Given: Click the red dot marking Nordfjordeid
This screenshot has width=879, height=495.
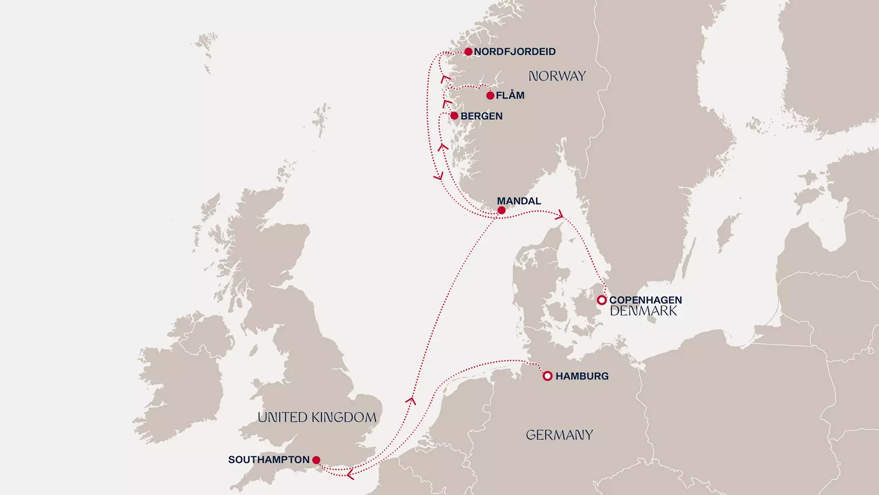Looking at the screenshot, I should [468, 51].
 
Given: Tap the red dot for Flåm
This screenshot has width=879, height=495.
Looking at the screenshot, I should [490, 95].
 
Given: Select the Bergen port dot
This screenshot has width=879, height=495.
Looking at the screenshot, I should [454, 116].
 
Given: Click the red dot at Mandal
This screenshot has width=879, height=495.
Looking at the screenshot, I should [502, 210].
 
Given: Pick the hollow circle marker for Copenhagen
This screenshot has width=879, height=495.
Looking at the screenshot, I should [602, 300].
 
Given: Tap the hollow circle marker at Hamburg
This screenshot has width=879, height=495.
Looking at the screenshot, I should [547, 376].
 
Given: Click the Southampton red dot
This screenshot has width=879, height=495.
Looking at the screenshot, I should [316, 460].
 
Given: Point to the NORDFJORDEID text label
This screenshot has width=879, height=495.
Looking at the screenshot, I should [515, 51].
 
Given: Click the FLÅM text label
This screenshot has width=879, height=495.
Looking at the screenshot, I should [510, 95].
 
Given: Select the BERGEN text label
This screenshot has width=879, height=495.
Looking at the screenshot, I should [481, 116].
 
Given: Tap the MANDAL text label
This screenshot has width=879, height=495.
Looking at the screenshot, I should [519, 201].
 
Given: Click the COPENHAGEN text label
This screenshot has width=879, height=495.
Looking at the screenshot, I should [646, 300].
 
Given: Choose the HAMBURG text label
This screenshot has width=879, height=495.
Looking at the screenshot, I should [582, 376].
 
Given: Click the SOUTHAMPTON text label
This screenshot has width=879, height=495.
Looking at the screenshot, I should [269, 459].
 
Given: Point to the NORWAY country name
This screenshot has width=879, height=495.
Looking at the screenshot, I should [557, 76].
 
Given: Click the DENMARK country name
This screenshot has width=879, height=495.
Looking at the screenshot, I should [643, 311].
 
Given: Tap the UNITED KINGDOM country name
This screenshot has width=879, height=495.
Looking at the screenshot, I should [317, 417].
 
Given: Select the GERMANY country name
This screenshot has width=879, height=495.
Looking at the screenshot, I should [559, 435].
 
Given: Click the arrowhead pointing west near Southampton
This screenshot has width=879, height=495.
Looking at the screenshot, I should [350, 475].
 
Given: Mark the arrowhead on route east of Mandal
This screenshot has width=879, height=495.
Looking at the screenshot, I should [560, 215].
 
